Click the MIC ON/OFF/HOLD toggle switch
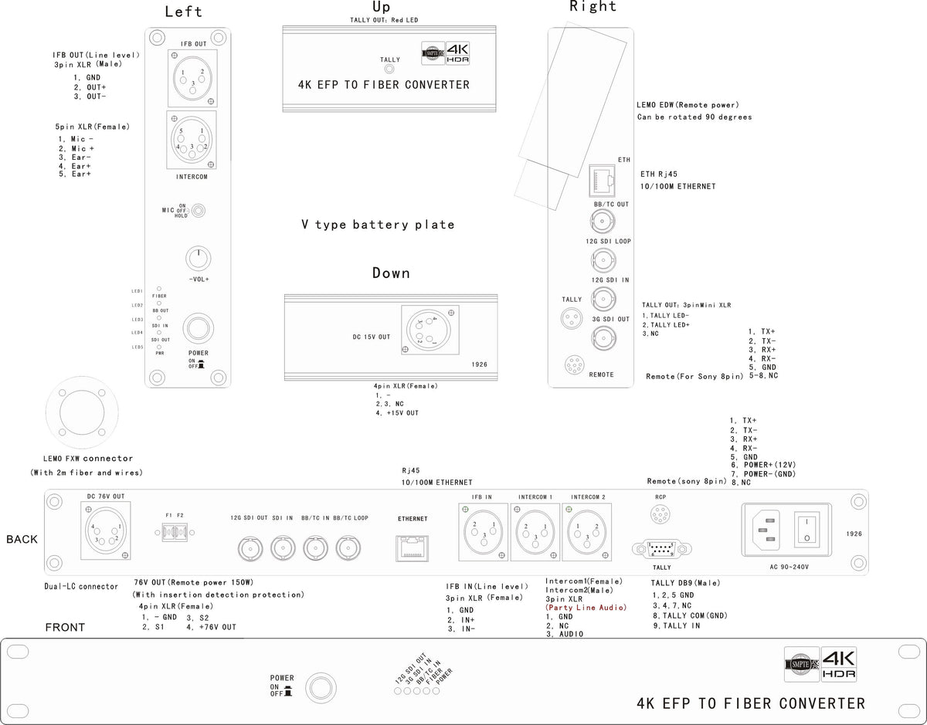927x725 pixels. coord(199,210)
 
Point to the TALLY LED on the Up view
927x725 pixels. coord(390,70)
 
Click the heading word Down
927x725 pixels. coord(391,273)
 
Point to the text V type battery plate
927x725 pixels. coord(378,225)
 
